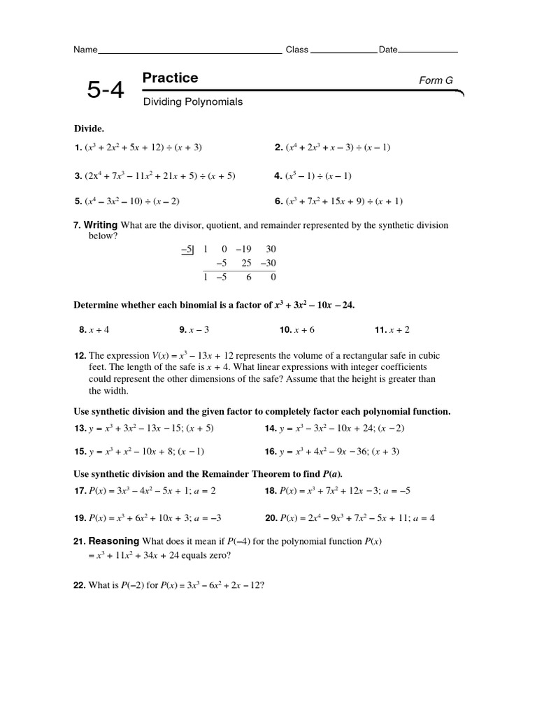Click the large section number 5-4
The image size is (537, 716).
pos(105,89)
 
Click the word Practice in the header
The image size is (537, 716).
pos(170,78)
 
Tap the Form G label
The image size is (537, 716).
pos(436,80)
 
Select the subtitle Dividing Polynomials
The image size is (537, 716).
pos(193,102)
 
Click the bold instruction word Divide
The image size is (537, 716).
pos(89,129)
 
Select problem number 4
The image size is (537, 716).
pos(278,176)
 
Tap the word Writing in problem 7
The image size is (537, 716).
pos(101,225)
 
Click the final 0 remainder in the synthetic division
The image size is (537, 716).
pos(273,277)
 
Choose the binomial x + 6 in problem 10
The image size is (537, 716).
pos(305,329)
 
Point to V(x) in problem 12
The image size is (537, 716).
pos(161,356)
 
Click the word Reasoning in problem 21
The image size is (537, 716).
pos(114,541)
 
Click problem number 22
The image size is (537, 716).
pos(80,585)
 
